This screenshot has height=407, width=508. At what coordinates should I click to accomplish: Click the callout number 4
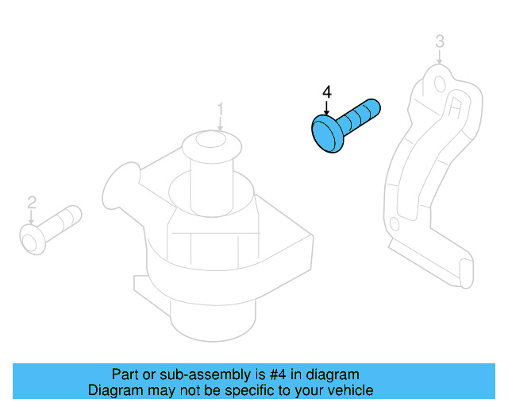click(326, 93)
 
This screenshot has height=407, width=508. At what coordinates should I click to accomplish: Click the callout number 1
click(221, 108)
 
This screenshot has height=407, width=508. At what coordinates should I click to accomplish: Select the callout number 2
click(32, 202)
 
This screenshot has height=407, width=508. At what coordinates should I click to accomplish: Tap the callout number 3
click(440, 41)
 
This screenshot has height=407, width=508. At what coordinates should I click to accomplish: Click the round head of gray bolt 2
click(32, 238)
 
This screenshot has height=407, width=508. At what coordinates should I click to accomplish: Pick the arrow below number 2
click(32, 216)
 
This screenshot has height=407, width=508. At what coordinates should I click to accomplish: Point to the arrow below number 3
click(440, 56)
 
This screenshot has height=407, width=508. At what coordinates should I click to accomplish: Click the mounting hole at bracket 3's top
click(441, 83)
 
